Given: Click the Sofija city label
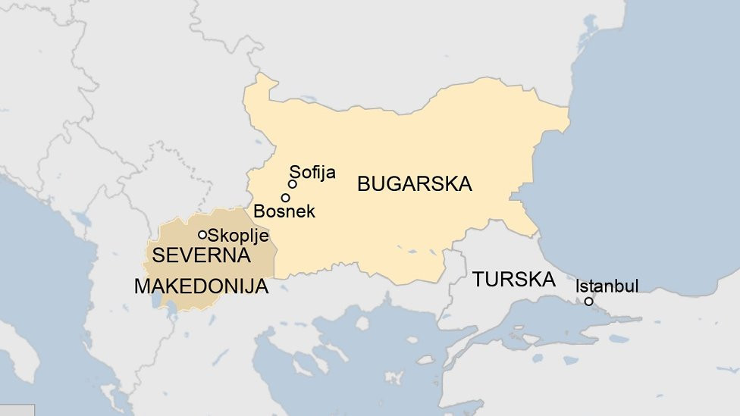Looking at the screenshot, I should pyautogui.click(x=312, y=173).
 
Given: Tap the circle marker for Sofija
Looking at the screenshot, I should pyautogui.click(x=292, y=184).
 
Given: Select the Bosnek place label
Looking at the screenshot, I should pyautogui.click(x=284, y=211).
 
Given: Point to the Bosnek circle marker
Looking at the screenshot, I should pyautogui.click(x=285, y=198).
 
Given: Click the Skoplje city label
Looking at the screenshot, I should pyautogui.click(x=238, y=236).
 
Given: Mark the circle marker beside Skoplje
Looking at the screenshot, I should pyautogui.click(x=202, y=235).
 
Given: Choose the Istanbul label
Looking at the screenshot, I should pyautogui.click(x=607, y=286).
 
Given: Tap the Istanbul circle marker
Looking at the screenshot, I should pyautogui.click(x=588, y=302).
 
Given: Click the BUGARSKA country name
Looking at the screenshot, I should pyautogui.click(x=414, y=184).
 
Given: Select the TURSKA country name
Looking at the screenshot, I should pyautogui.click(x=513, y=279).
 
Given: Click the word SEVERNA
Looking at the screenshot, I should pyautogui.click(x=201, y=255).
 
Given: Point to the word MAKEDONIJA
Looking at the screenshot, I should pyautogui.click(x=201, y=287).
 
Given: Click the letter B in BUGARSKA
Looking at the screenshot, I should pyautogui.click(x=363, y=184).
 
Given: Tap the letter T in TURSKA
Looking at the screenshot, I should pyautogui.click(x=478, y=279).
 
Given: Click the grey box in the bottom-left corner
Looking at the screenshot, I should pyautogui.click(x=17, y=410).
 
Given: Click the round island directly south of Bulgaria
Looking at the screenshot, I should pyautogui.click(x=362, y=323).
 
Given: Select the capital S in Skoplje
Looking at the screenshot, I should pyautogui.click(x=213, y=236).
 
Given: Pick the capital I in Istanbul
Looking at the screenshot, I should pyautogui.click(x=578, y=286).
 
